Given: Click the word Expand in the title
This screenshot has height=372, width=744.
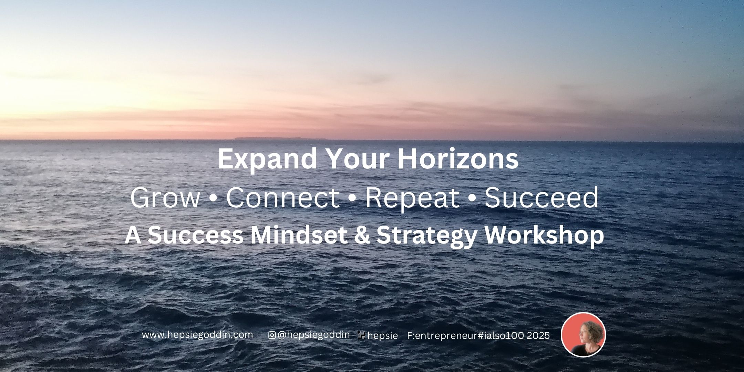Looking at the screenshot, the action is [x=267, y=160].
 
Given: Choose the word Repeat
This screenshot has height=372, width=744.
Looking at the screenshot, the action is [x=412, y=199].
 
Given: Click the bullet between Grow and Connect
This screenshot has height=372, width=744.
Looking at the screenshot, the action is [x=213, y=200].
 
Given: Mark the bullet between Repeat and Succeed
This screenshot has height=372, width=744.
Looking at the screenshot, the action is [x=472, y=200].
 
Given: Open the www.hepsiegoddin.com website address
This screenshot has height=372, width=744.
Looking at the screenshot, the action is [x=197, y=335].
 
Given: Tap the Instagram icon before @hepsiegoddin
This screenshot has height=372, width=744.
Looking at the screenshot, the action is [x=272, y=335].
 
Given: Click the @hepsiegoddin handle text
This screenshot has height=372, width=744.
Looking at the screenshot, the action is [x=313, y=335].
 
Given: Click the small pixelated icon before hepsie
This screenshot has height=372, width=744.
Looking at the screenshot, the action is [x=362, y=335].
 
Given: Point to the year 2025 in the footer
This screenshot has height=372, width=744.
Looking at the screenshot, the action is [x=538, y=335].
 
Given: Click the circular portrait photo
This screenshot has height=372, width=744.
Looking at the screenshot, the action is [x=583, y=334].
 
